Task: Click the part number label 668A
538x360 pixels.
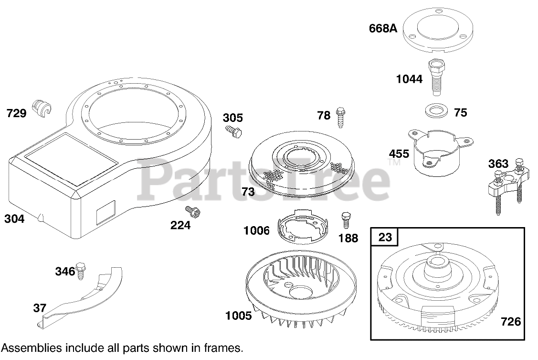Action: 383,28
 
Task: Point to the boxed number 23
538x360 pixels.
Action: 385,237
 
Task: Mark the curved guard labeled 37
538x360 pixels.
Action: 81,299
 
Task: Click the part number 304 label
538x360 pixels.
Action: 14,219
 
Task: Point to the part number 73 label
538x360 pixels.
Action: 248,192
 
